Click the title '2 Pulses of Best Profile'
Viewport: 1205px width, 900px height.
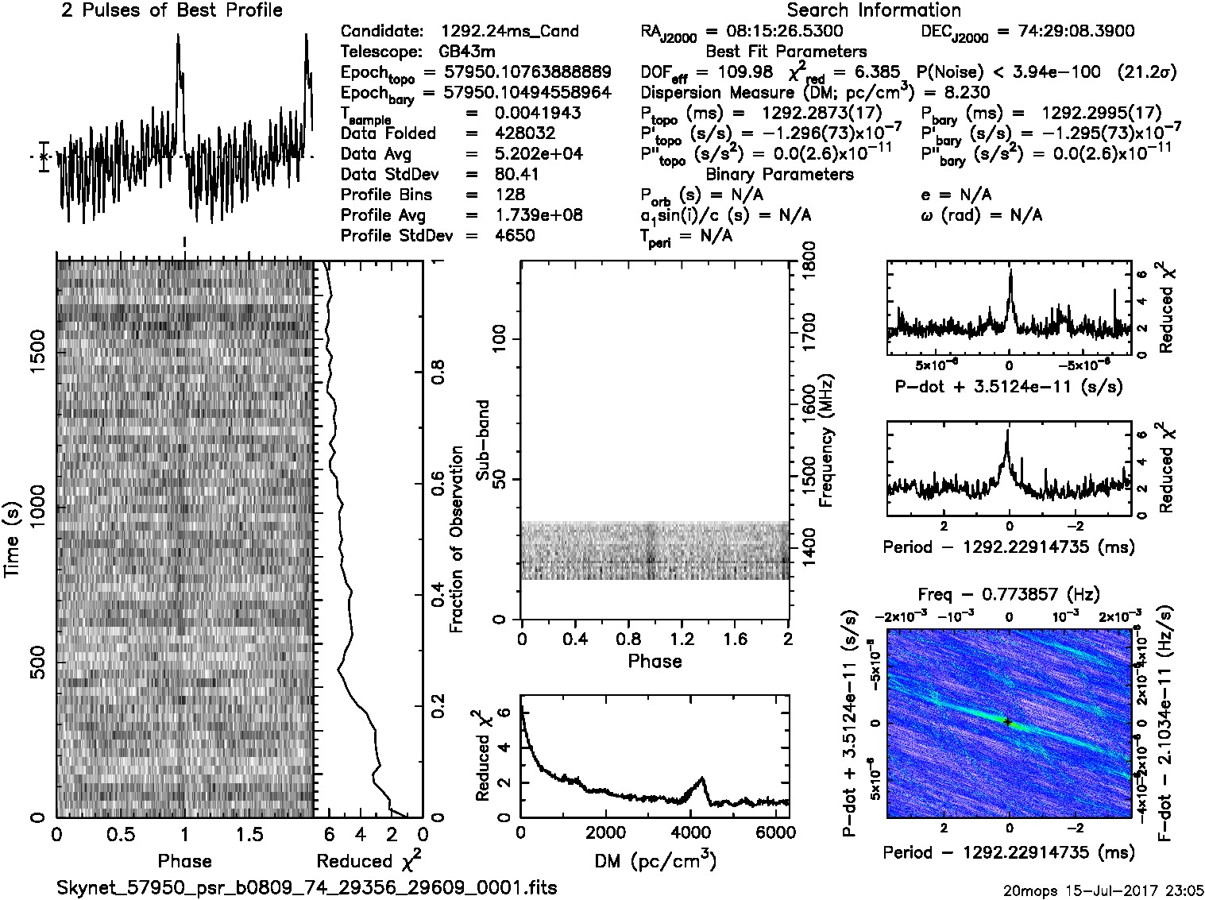[172, 10]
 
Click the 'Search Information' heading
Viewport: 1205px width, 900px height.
[874, 10]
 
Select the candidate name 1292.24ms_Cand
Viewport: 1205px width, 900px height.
[509, 32]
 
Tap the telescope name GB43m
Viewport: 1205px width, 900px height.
[467, 52]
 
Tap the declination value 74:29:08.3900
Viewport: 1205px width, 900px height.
[1064, 32]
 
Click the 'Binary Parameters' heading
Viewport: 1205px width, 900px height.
[779, 175]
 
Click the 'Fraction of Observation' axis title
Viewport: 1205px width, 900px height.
[456, 539]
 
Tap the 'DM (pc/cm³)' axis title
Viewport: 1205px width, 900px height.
[655, 861]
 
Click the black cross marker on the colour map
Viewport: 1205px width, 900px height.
[1007, 721]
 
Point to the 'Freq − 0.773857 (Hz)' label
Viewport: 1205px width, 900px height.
[1009, 594]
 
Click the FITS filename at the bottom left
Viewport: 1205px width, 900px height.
[307, 887]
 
